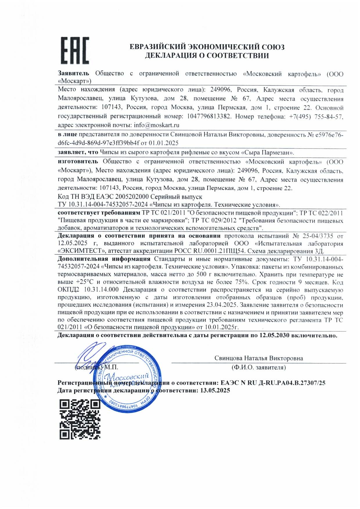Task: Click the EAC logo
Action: [75, 50]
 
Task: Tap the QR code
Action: [80, 419]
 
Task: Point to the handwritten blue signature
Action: [90, 355]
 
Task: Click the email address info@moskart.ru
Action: [156, 125]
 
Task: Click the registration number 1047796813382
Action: [209, 117]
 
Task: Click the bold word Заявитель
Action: [73, 74]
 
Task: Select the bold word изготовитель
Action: [78, 161]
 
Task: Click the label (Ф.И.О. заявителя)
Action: [258, 368]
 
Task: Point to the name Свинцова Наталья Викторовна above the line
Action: [258, 358]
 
